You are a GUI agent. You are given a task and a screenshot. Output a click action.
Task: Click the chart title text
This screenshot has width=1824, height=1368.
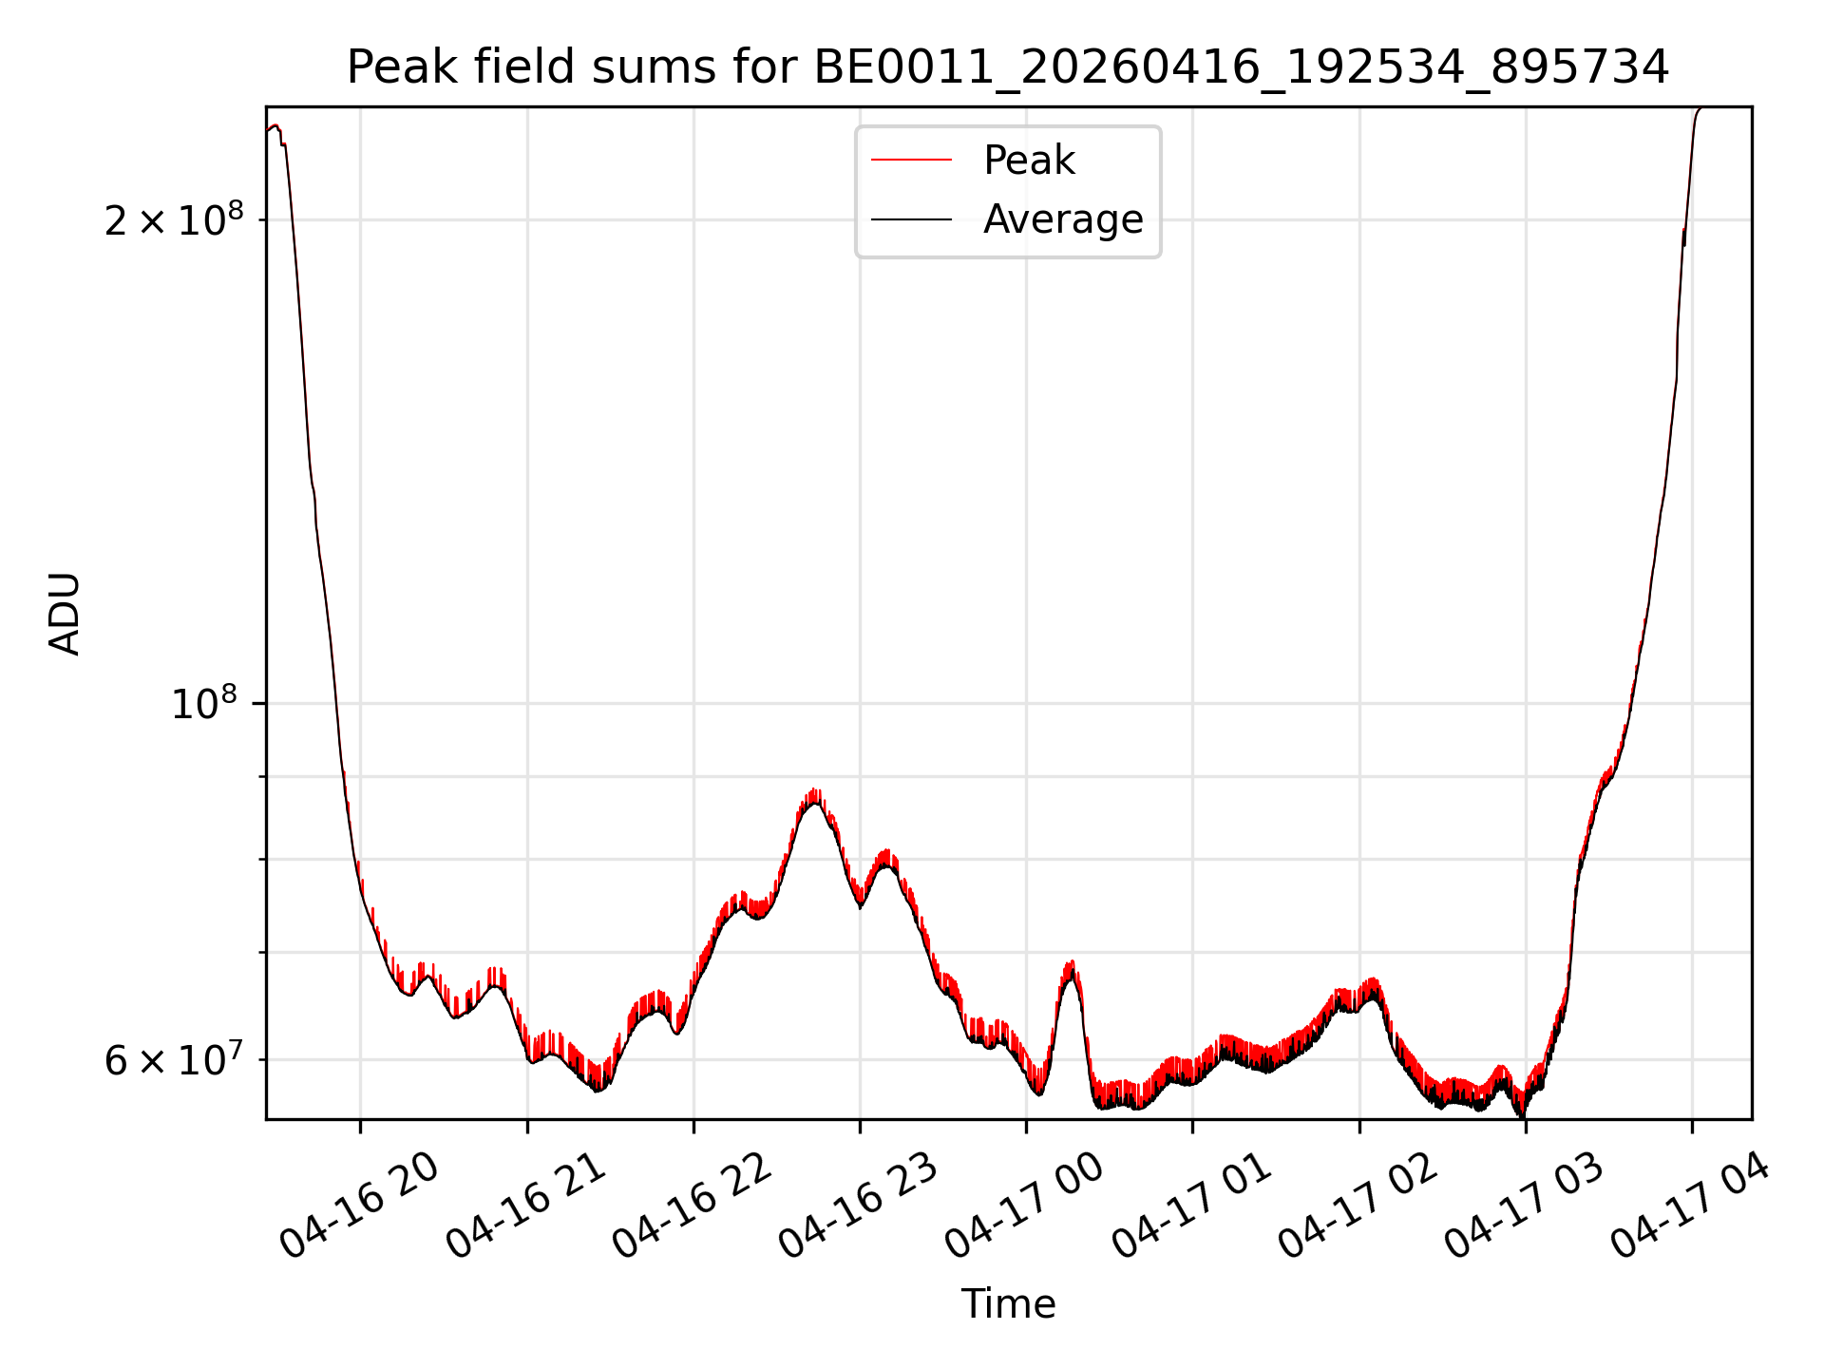(x=1008, y=67)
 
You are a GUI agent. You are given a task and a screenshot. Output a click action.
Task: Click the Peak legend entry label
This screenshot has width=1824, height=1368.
(x=1029, y=161)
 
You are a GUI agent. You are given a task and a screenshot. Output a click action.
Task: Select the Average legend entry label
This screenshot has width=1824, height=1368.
(x=1063, y=219)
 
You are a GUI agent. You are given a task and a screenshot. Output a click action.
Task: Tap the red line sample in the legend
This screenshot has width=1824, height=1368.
(x=911, y=161)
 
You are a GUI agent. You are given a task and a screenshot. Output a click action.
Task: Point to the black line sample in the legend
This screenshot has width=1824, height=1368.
(x=911, y=219)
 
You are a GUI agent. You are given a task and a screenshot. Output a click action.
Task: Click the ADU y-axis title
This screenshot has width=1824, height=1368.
(x=65, y=613)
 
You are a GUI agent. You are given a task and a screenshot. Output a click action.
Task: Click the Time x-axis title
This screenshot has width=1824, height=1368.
(x=1008, y=1304)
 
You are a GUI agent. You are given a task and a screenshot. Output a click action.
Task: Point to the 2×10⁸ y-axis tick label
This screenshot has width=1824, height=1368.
(x=174, y=219)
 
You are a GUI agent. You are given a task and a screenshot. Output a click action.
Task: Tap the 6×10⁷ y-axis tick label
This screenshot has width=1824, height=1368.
(x=174, y=1059)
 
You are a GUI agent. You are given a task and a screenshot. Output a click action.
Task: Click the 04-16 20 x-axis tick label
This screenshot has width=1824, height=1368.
(x=359, y=1205)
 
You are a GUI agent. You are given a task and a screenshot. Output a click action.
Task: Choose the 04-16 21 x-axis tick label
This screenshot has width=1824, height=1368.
(x=526, y=1205)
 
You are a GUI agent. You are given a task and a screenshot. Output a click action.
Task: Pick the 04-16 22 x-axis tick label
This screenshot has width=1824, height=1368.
(x=693, y=1205)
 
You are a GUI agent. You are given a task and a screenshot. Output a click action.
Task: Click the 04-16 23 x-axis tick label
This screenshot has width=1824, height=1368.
(x=859, y=1205)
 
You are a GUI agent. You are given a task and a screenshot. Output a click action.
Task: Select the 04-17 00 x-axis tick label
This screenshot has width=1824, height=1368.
(x=1025, y=1205)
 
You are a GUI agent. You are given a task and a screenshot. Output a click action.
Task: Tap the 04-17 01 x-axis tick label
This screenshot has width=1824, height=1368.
(x=1191, y=1205)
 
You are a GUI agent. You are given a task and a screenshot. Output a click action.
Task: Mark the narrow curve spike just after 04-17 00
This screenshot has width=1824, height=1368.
(x=1071, y=969)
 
